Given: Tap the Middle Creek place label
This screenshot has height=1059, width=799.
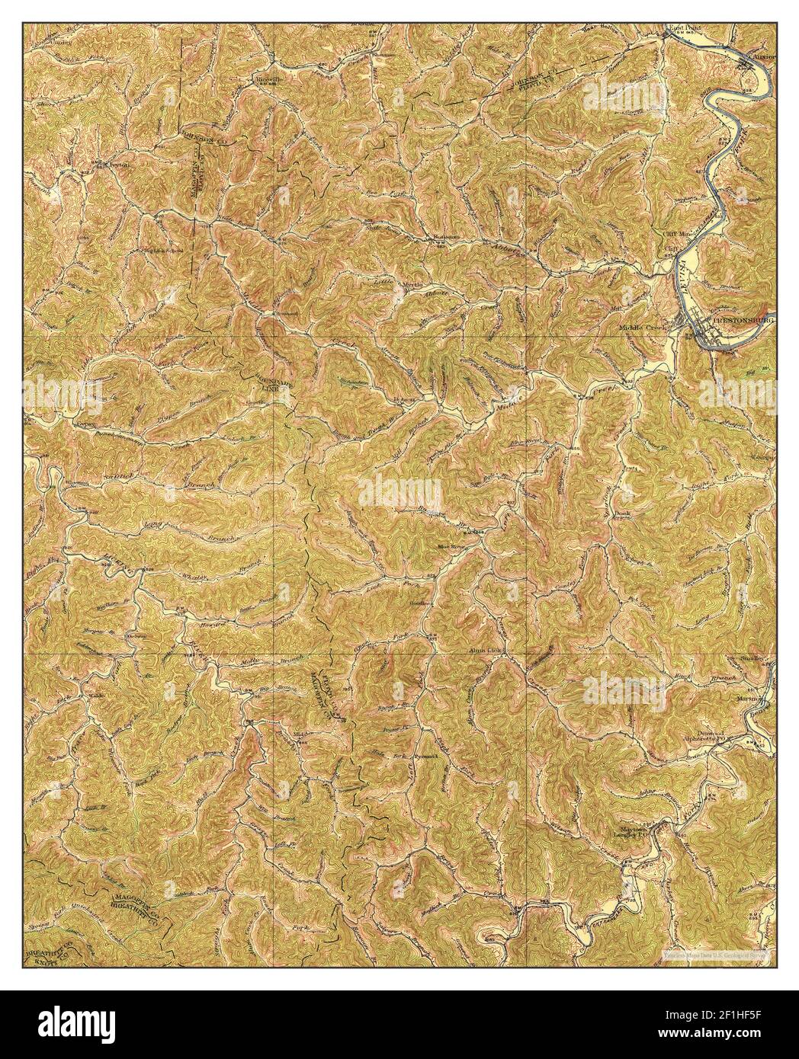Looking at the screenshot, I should coord(642,328).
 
